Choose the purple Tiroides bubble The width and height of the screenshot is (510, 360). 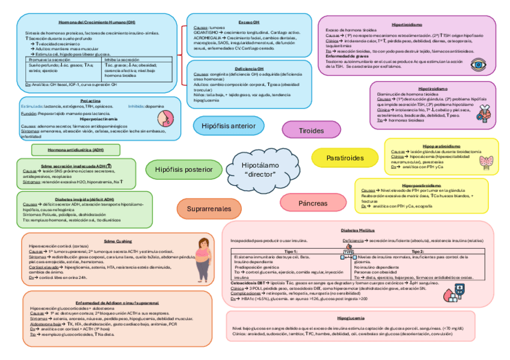tap(311, 130)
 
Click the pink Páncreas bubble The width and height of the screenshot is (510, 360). tap(313, 203)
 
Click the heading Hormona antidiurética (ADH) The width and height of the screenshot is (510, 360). tap(76, 150)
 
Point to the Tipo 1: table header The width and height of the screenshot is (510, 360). tap(291, 251)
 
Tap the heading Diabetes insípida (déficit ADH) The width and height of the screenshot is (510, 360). tap(84, 198)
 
